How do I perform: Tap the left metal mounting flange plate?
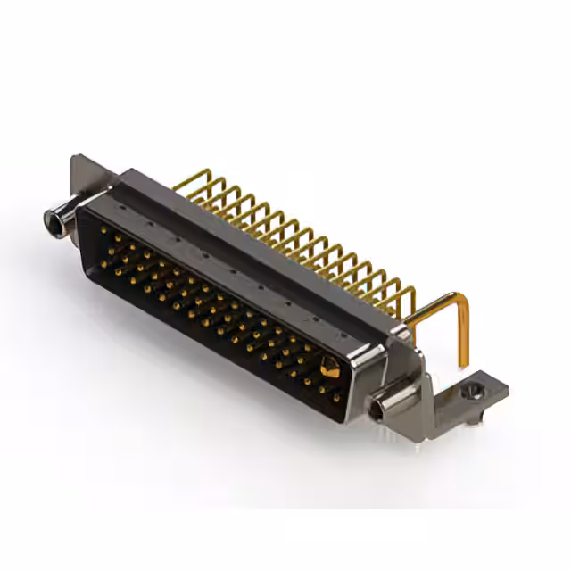(85, 178)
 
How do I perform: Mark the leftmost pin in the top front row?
(103, 229)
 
